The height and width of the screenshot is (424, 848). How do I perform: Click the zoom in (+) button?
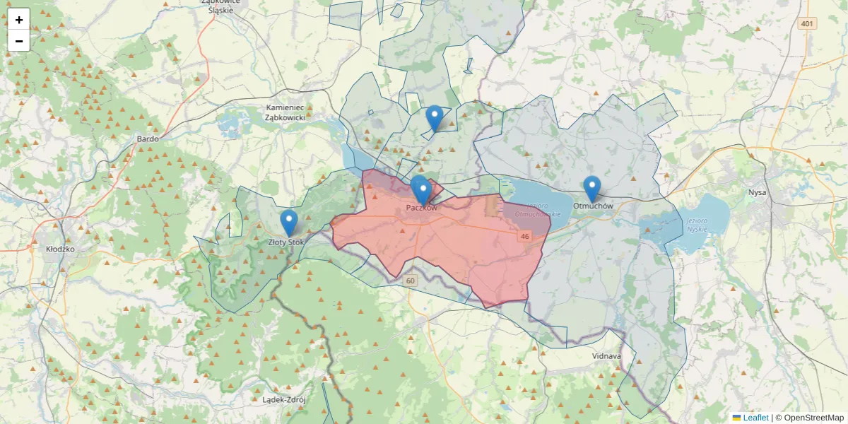pyautogui.click(x=19, y=20)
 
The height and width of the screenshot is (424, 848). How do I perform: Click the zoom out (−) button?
pyautogui.click(x=19, y=41)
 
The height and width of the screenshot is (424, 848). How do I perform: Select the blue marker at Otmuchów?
pyautogui.click(x=592, y=189)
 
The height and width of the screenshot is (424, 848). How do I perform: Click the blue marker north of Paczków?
pyautogui.click(x=435, y=118)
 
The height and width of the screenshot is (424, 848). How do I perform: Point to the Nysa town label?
pyautogui.click(x=757, y=192)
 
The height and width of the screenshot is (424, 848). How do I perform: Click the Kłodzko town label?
pyautogui.click(x=59, y=249)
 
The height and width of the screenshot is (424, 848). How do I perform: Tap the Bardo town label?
pyautogui.click(x=148, y=139)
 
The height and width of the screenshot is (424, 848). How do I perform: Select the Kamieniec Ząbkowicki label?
pyautogui.click(x=285, y=112)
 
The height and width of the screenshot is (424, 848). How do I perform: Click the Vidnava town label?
pyautogui.click(x=606, y=356)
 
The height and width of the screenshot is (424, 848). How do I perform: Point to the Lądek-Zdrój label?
pyautogui.click(x=283, y=399)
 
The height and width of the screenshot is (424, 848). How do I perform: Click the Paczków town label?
pyautogui.click(x=422, y=208)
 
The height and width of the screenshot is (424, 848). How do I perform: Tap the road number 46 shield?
pyautogui.click(x=524, y=236)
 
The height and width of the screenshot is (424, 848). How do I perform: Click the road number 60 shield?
pyautogui.click(x=411, y=281)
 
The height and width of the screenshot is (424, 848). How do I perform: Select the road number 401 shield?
pyautogui.click(x=806, y=24)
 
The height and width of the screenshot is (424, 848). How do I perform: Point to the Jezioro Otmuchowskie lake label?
pyautogui.click(x=538, y=209)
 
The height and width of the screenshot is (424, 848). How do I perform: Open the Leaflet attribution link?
pyautogui.click(x=756, y=418)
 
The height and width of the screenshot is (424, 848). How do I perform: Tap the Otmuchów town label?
pyautogui.click(x=592, y=206)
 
